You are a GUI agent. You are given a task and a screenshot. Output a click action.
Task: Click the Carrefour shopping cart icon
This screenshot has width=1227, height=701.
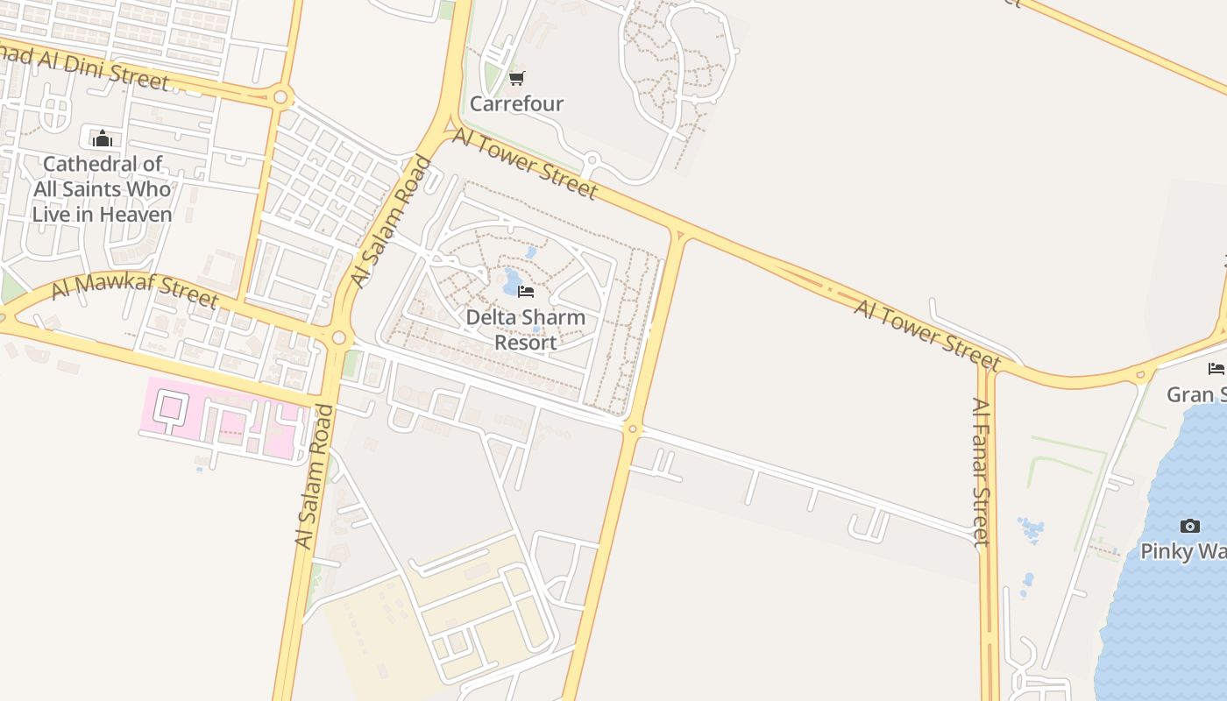click(517, 79)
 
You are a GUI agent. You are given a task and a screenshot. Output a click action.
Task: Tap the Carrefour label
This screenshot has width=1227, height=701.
click(516, 103)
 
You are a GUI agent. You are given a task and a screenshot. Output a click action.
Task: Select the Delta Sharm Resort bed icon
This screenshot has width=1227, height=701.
click(526, 291)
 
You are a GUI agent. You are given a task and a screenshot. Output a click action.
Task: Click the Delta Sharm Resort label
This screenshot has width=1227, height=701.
click(525, 329)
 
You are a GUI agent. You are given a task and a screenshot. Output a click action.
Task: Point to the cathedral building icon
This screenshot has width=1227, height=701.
click(103, 138)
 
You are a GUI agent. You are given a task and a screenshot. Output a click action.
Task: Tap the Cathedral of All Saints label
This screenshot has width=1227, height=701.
click(103, 188)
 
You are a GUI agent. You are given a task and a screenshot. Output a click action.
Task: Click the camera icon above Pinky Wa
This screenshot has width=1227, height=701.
click(1189, 526)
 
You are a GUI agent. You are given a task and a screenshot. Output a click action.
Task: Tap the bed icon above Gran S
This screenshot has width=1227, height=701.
click(1216, 368)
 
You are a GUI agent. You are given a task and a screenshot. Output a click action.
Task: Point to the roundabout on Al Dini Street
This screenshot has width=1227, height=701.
click(280, 97)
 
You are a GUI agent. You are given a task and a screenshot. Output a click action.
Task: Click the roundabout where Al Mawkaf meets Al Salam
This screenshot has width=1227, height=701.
click(338, 337)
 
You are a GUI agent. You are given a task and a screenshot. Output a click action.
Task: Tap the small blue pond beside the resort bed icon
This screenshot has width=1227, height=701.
click(511, 282)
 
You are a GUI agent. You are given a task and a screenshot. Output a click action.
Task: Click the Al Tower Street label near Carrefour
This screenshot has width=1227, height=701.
click(524, 164)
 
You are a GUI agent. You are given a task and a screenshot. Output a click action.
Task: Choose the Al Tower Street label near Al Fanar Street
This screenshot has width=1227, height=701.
click(927, 334)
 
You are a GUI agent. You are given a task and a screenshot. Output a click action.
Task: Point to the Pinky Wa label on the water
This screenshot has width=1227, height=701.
click(1183, 551)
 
